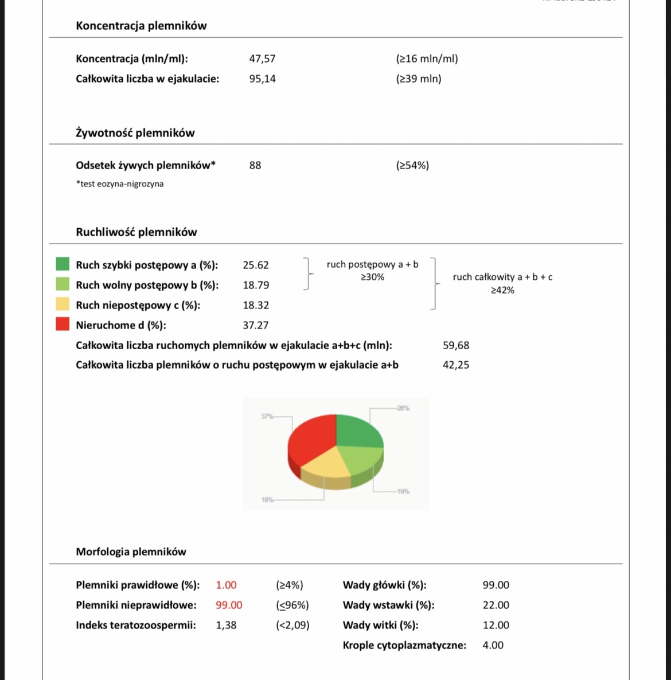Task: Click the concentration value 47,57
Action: pyautogui.click(x=262, y=58)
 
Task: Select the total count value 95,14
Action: pyautogui.click(x=262, y=79)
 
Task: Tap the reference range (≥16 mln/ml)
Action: pyautogui.click(x=427, y=58)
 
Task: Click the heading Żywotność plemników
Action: pyautogui.click(x=135, y=133)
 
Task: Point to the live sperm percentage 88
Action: pyautogui.click(x=255, y=165)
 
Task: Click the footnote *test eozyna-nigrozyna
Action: pyautogui.click(x=120, y=184)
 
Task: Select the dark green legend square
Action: pyautogui.click(x=63, y=264)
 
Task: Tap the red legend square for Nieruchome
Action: pyautogui.click(x=63, y=324)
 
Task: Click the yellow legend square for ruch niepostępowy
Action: pyautogui.click(x=63, y=304)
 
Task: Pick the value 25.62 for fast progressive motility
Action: pyautogui.click(x=256, y=265)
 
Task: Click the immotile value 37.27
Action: pyautogui.click(x=256, y=325)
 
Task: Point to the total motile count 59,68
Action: pyautogui.click(x=456, y=345)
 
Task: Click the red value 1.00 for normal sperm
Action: pyautogui.click(x=226, y=585)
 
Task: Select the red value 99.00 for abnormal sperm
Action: pyautogui.click(x=229, y=605)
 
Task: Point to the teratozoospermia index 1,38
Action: pyautogui.click(x=226, y=625)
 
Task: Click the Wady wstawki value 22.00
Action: pyautogui.click(x=496, y=605)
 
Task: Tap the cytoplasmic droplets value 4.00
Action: pyautogui.click(x=493, y=645)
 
